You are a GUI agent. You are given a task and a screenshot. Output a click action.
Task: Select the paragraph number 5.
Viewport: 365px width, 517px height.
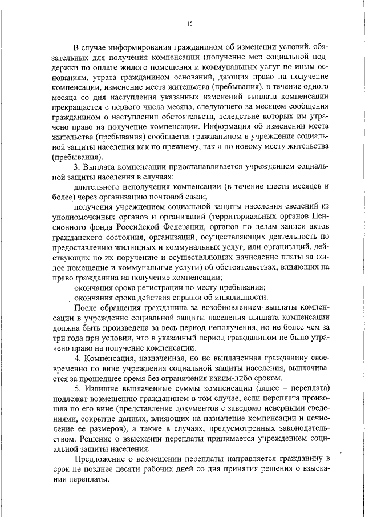[76, 388]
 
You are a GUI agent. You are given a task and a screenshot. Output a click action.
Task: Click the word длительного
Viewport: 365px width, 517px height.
[95, 187]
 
